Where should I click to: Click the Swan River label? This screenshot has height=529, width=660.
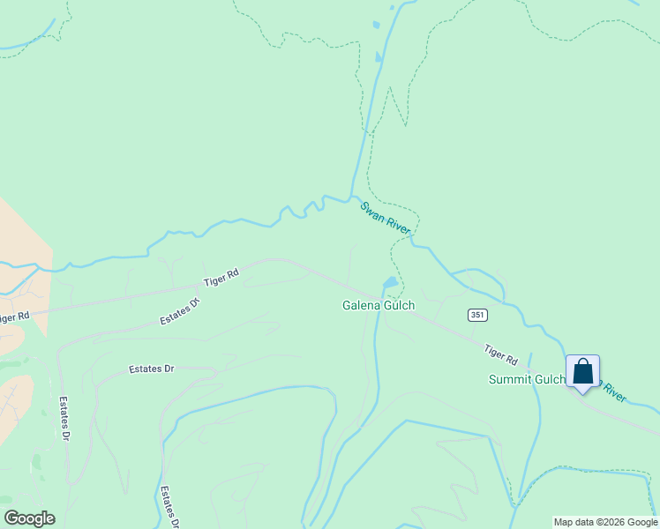(385, 217)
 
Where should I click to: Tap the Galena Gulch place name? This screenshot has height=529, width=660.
(379, 306)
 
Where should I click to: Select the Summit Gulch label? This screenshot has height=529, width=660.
(527, 379)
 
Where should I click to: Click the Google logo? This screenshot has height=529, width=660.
(29, 518)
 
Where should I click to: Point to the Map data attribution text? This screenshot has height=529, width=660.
(606, 522)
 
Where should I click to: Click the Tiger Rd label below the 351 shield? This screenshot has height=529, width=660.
(500, 354)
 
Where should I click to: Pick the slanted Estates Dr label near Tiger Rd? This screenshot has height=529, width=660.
(180, 310)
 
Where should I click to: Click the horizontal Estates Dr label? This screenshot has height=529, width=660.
(151, 369)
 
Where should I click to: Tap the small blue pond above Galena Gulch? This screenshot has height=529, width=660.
(388, 283)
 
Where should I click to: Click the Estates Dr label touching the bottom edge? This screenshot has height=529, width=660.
(169, 507)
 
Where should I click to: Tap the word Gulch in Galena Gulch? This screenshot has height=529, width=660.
(398, 306)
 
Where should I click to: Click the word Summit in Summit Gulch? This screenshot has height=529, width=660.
(509, 379)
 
